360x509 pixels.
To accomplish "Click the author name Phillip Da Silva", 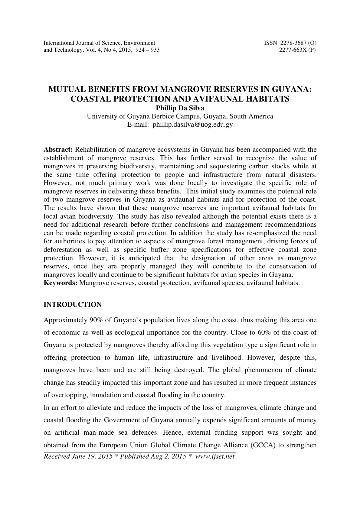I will tap(180, 108).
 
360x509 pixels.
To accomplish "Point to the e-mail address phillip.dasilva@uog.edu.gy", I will tap(193, 124).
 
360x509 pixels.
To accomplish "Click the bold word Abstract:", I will tap(58, 149).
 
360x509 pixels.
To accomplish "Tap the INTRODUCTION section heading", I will tap(73, 305).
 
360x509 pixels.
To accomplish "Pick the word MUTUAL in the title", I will tap(64, 90).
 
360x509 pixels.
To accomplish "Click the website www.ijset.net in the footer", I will tap(215, 456).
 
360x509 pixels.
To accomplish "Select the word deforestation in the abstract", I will tap(63, 250).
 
